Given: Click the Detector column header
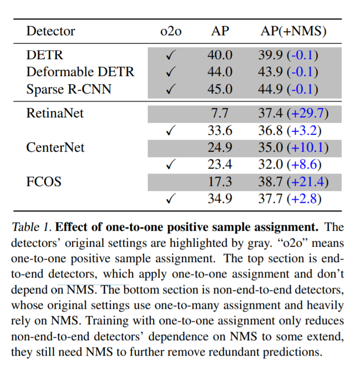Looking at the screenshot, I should coord(51,31).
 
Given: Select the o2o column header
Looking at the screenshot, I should coord(171,31).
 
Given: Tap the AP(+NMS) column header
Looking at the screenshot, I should coord(293,31).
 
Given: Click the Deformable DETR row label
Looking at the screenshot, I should coord(80,72).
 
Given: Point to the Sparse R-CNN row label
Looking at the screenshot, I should coord(69,89).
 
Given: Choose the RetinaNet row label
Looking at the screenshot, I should coord(55,113).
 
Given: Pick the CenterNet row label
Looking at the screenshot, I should coord(55,147).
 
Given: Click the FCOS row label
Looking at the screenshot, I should coord(44,182).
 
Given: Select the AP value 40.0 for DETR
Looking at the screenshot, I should coord(220,55).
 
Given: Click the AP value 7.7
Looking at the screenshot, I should coord(220,113).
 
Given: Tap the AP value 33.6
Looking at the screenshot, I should coord(220,130).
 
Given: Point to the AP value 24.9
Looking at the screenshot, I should coord(220,147).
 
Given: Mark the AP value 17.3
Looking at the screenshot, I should coord(220,182).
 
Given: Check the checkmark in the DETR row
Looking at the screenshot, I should coord(171,55).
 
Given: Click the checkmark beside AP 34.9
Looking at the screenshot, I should coord(171,199).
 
